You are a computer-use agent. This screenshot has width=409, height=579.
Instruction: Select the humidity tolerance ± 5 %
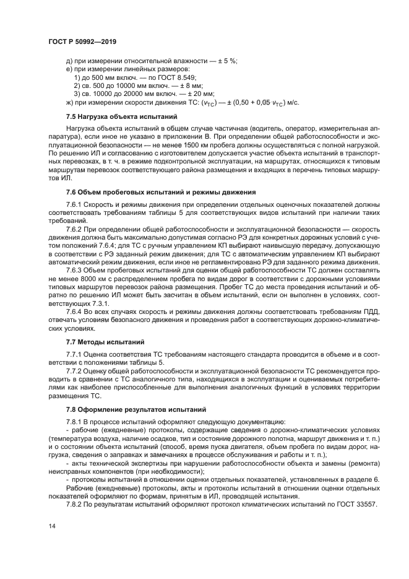point(227,61)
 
